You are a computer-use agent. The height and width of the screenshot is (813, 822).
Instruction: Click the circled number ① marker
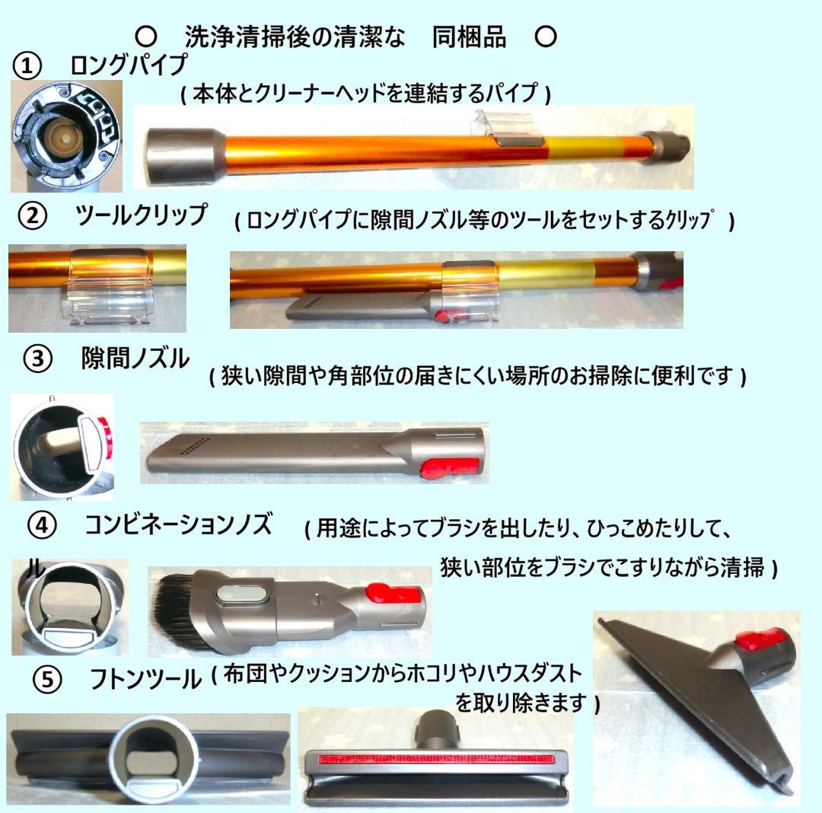tap(27, 65)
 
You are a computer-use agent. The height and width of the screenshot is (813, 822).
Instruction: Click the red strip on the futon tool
tap(435, 759)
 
